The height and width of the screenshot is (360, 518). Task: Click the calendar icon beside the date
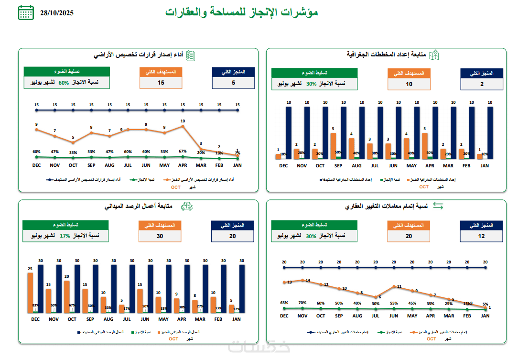26,12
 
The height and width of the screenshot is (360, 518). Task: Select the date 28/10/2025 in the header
57,13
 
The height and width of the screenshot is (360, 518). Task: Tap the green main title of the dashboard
242,12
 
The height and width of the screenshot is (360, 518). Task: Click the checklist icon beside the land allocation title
190,55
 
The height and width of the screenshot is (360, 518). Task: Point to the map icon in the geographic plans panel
434,55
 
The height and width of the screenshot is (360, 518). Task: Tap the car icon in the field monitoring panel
186,207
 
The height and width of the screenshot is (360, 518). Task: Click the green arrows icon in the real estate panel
438,206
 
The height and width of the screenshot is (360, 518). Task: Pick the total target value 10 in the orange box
409,84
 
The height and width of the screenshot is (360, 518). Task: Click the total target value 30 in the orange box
160,236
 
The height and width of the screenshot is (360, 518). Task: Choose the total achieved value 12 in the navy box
482,236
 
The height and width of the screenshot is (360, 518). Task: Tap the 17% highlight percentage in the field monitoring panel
65,236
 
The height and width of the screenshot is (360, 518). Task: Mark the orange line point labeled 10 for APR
183,127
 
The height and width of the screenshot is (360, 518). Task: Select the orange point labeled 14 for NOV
302,280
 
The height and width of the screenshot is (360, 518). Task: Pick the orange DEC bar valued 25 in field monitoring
30,293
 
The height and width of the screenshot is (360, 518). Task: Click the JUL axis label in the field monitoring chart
127,319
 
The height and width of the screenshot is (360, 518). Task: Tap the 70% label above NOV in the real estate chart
302,303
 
